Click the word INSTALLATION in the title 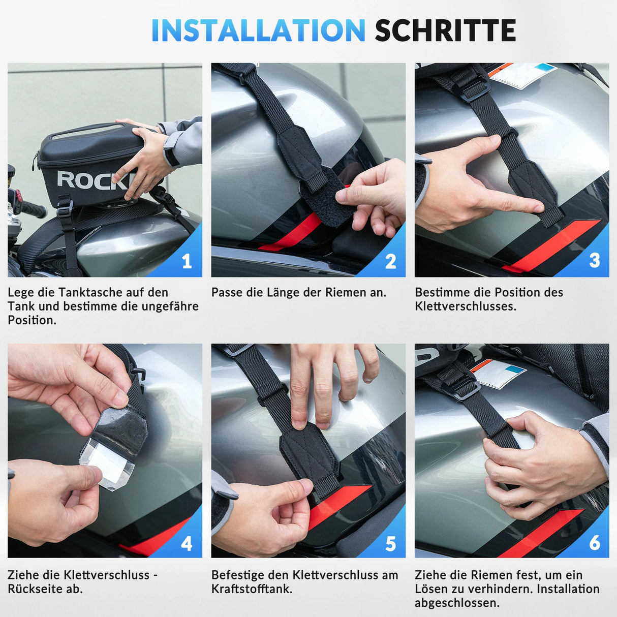[258, 30]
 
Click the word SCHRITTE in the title [445, 30]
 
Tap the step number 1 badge [187, 261]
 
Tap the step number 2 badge [390, 261]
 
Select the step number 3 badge [594, 261]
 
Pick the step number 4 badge [187, 544]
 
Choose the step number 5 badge [390, 544]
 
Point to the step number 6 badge [594, 543]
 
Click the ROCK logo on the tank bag [94, 180]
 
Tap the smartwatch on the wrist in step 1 [171, 157]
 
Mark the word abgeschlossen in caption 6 [456, 603]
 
